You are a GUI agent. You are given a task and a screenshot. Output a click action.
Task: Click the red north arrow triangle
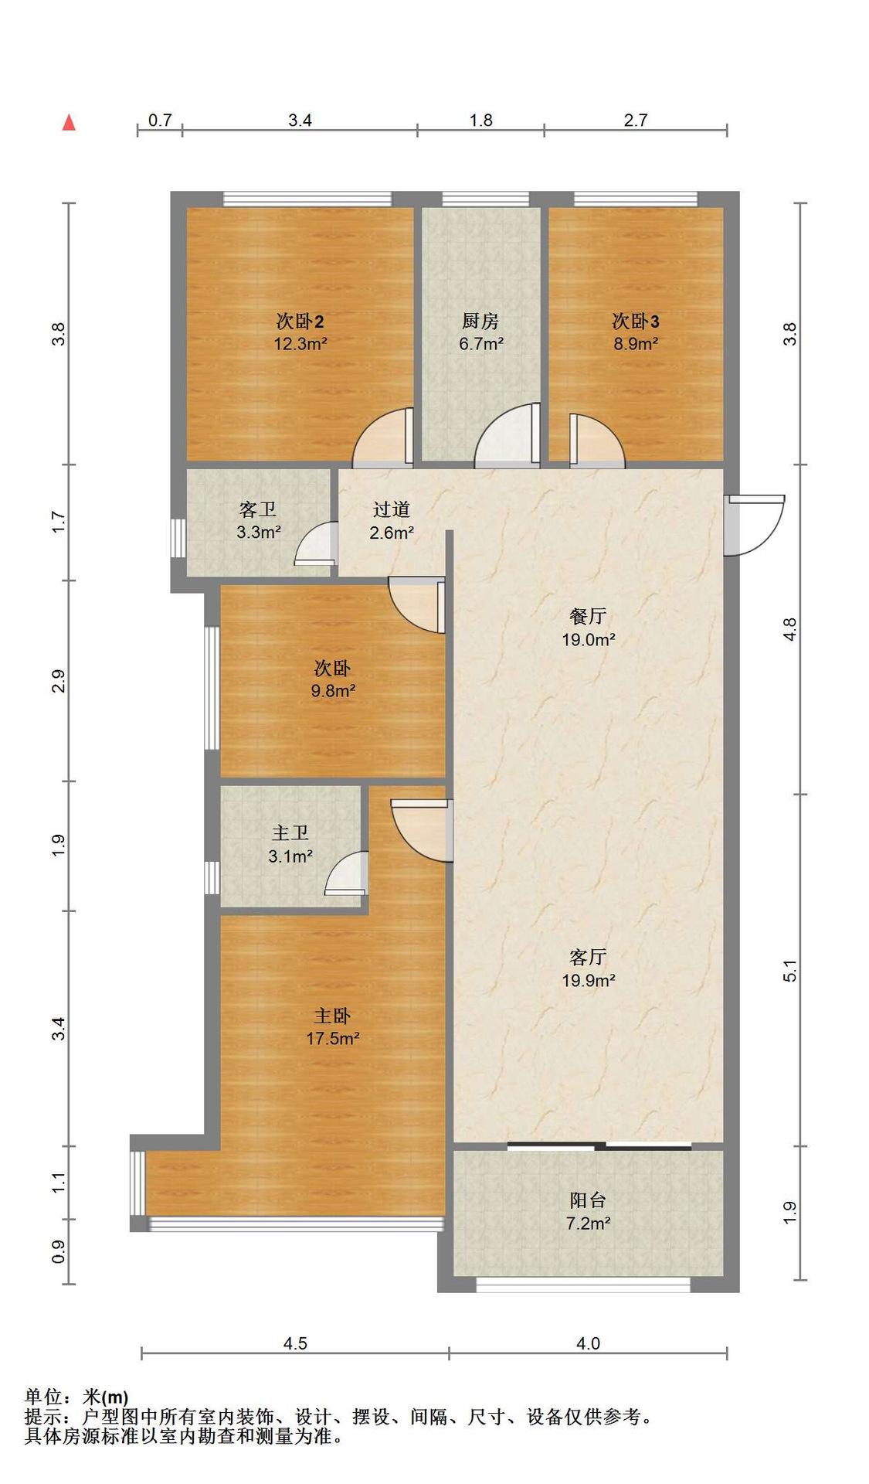coord(69,122)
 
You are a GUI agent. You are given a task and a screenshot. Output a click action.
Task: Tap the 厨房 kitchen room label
coord(480,320)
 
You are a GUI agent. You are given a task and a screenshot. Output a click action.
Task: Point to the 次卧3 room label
coord(636,320)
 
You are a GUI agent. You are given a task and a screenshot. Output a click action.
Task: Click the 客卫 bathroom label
coord(258,509)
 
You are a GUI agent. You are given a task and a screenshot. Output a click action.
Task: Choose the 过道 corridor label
coord(392,509)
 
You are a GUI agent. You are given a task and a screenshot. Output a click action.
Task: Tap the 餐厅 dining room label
coord(588,616)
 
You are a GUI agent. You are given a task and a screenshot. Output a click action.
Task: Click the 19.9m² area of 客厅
coord(588,981)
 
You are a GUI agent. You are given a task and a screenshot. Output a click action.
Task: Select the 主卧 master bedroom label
coord(332,1016)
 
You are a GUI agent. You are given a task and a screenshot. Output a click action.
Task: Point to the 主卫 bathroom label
coord(290,833)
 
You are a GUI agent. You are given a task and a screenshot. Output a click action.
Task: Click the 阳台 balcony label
coord(588,1200)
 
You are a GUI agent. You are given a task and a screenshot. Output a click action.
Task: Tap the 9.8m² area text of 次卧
coord(333,691)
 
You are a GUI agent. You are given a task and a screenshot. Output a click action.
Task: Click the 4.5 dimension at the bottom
coord(295,1343)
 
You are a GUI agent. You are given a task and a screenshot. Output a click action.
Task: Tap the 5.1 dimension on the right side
coord(789,971)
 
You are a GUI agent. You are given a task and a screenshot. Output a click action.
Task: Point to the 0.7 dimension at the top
coord(160,120)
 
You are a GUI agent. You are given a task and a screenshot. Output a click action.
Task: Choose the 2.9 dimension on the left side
coord(59,681)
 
